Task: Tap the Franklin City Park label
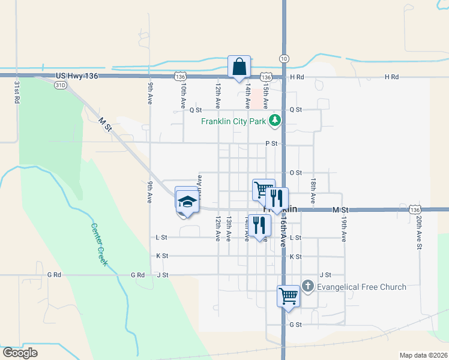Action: [234, 121]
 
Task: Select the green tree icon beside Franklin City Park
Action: [276, 121]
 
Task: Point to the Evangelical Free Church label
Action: [362, 287]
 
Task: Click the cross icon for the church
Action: [308, 286]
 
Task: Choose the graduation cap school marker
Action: [187, 202]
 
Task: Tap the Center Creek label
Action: [100, 245]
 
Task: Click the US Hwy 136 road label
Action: [76, 76]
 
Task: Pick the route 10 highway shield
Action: [284, 58]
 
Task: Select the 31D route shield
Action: [60, 85]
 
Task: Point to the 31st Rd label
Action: [17, 92]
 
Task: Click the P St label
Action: [271, 143]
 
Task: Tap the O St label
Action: [295, 173]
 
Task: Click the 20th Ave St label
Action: [420, 232]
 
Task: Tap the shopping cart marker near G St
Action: [288, 296]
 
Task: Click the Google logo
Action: [20, 353]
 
